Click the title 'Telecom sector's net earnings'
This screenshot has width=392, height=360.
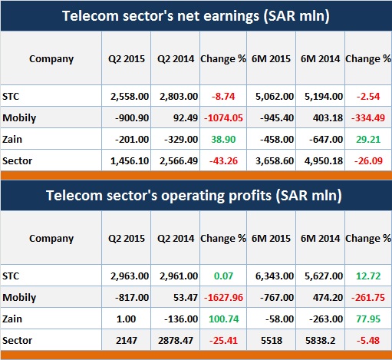160,16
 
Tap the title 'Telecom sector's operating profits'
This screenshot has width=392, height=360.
159,196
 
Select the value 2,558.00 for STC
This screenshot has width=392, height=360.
130,97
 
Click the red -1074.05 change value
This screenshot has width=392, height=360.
223,118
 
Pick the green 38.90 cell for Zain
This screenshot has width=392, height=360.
223,140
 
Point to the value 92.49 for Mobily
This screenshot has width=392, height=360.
186,118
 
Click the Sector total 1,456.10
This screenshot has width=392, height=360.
130,161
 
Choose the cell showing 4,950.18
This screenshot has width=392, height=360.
324,161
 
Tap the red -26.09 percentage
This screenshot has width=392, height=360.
368,161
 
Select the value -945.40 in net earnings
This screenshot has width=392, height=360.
277,118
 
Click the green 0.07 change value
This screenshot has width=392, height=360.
223,276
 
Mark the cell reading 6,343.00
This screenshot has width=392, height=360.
275,276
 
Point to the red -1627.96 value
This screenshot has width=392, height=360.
223,298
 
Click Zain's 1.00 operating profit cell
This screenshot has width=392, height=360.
126,319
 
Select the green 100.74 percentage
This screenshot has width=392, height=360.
224,319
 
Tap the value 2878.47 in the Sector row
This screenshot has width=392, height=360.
176,341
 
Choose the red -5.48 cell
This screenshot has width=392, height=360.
368,341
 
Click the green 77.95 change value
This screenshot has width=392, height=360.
368,319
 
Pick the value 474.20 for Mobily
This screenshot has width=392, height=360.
328,298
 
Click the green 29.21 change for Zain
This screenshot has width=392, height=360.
368,140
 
